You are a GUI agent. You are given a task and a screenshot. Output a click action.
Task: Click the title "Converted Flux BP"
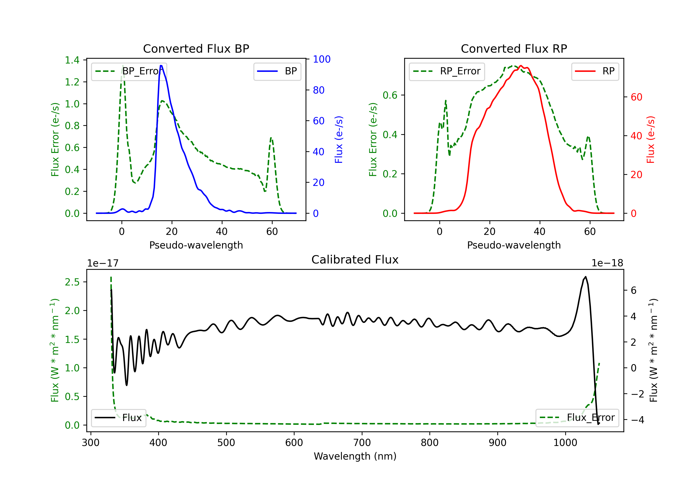coord(196,48)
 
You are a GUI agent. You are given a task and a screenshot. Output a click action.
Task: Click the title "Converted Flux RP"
coord(514,48)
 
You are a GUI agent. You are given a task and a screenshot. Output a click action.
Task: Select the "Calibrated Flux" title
coord(355,260)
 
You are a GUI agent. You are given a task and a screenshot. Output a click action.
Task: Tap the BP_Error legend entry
coord(129,71)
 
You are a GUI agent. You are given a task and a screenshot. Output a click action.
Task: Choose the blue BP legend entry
coord(277,71)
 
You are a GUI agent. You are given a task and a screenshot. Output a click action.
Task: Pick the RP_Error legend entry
coord(447,71)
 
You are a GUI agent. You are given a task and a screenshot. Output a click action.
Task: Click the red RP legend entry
coord(595,71)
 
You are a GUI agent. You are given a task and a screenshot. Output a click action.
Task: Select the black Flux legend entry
coord(118,418)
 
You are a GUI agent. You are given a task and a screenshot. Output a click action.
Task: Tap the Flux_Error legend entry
coord(577,418)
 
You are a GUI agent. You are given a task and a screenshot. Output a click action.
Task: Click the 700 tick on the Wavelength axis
coord(362,443)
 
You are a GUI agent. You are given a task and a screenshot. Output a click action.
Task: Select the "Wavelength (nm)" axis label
coord(355,456)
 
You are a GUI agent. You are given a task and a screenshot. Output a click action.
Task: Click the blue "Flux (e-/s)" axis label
coord(339,140)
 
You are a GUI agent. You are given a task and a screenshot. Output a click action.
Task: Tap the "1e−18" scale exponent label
coord(607,263)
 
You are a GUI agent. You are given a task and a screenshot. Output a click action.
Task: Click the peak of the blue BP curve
coord(161,66)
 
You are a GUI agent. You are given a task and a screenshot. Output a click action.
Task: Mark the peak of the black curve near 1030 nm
coord(586,277)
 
